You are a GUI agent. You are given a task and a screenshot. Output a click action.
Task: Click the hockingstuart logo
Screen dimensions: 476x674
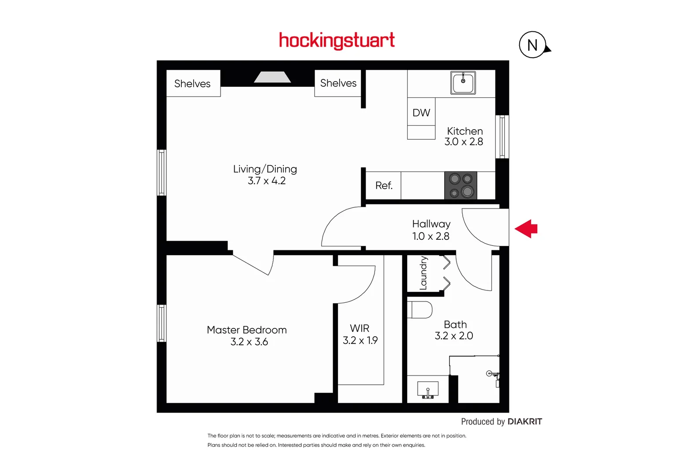coord(337,41)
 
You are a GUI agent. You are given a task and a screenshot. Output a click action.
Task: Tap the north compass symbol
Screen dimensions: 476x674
coord(533,45)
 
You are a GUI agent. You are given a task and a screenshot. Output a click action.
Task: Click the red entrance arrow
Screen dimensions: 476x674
coord(526,229)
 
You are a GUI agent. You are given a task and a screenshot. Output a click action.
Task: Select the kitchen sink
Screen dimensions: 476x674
coord(463,83)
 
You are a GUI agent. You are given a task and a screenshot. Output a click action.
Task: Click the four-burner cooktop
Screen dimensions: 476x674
coord(461,185)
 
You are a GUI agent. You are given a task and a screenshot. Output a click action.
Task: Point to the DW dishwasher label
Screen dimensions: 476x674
coord(421,113)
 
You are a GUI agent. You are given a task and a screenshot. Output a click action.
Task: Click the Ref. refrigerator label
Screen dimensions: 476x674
coord(384,186)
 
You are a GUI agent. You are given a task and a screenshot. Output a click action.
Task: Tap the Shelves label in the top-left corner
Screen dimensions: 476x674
coord(192,84)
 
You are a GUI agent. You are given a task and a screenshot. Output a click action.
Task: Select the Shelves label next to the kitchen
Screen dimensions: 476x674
coord(338,83)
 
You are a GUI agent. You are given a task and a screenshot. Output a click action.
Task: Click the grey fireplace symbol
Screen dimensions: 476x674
coord(272,77)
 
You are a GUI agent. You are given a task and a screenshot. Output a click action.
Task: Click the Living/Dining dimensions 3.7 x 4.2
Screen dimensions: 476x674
coord(266,181)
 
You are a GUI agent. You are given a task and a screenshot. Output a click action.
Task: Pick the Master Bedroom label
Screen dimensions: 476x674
coord(247,330)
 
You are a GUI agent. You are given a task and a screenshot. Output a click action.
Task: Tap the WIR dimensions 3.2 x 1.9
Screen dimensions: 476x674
coord(360,340)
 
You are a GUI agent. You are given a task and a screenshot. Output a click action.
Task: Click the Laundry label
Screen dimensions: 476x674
coord(423,273)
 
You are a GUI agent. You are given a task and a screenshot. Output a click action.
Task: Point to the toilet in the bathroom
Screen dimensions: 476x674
coord(420,310)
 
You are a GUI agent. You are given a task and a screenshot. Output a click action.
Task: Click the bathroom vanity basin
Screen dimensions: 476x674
coord(427,390)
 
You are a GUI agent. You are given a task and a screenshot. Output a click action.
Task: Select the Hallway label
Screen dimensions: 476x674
coord(431,224)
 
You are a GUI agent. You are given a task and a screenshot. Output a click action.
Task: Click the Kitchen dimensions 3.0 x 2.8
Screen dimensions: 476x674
coord(464,142)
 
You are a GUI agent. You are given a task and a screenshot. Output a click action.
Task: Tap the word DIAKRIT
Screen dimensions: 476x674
coord(524,421)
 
